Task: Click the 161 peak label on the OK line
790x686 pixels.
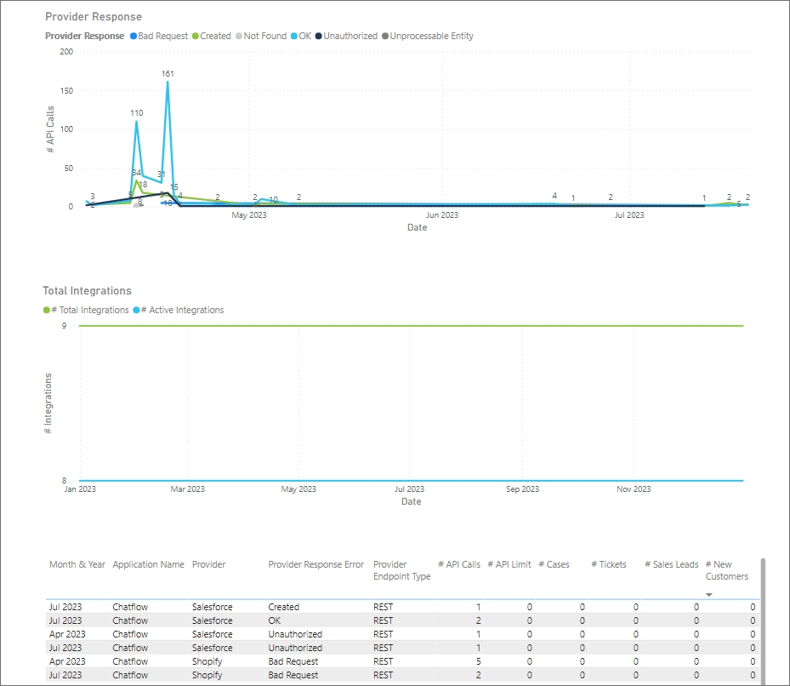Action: [x=168, y=74]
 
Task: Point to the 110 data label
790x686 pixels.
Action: [x=137, y=112]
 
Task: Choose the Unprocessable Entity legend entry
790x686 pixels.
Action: [x=431, y=37]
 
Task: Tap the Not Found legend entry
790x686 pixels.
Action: [x=264, y=37]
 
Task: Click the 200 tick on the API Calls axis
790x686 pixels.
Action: [x=66, y=51]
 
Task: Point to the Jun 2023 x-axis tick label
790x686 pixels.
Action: [x=441, y=215]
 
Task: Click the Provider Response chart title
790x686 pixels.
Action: [x=94, y=17]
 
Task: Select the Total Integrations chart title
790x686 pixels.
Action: [x=88, y=291]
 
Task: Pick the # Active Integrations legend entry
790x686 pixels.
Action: [x=182, y=311]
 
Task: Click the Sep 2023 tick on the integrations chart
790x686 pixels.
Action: [x=522, y=489]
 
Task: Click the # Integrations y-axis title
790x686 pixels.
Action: [x=48, y=403]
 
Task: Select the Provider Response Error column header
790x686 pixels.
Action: [x=315, y=564]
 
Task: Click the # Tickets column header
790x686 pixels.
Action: [x=608, y=564]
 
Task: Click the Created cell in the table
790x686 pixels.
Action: [x=284, y=607]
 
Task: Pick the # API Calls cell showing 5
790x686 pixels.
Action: [x=477, y=661]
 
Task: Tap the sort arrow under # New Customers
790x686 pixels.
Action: [x=709, y=594]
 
